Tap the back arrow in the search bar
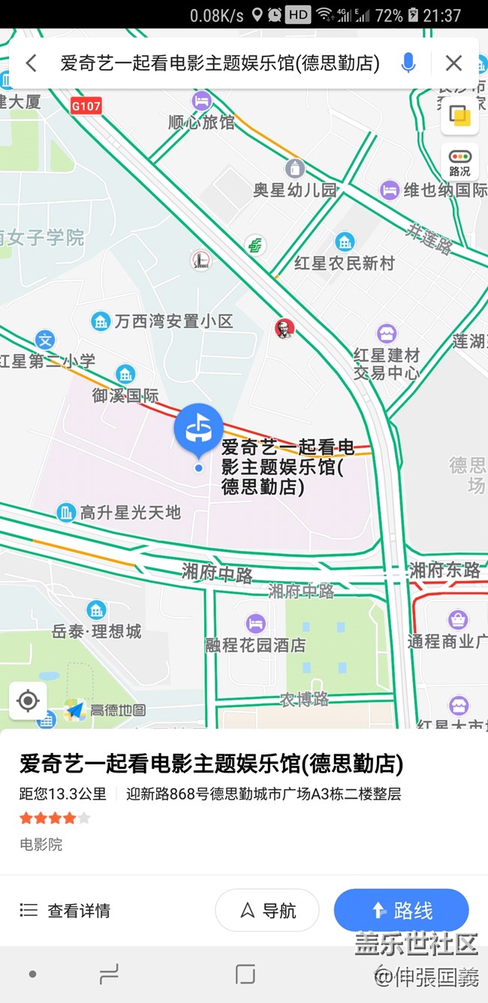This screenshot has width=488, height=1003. pyautogui.click(x=31, y=63)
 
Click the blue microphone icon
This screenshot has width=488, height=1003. pyautogui.click(x=408, y=63)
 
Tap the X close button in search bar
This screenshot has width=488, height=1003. pyautogui.click(x=453, y=63)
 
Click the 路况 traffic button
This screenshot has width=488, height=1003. pyautogui.click(x=459, y=161)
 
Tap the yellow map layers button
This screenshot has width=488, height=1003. pyautogui.click(x=459, y=116)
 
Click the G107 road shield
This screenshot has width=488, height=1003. pyautogui.click(x=86, y=107)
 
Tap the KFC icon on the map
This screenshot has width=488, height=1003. pyautogui.click(x=284, y=328)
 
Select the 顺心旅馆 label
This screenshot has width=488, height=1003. pyautogui.click(x=201, y=122)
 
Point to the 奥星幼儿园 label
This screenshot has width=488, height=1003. pyautogui.click(x=295, y=189)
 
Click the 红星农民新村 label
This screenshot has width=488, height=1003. pyautogui.click(x=345, y=263)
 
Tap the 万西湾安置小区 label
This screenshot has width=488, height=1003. pyautogui.click(x=173, y=321)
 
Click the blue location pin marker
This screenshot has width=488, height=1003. pyautogui.click(x=198, y=429)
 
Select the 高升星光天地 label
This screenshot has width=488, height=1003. pyautogui.click(x=130, y=513)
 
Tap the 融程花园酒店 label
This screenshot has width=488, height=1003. pyautogui.click(x=255, y=644)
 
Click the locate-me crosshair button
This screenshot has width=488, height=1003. pyautogui.click(x=28, y=701)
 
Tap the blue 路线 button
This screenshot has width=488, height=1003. pyautogui.click(x=401, y=911)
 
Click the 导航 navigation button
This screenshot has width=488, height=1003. pyautogui.click(x=267, y=911)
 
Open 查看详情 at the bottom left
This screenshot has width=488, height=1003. pyautogui.click(x=65, y=911)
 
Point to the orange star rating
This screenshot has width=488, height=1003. pyautogui.click(x=55, y=818)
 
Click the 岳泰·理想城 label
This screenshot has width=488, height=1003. pyautogui.click(x=97, y=631)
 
